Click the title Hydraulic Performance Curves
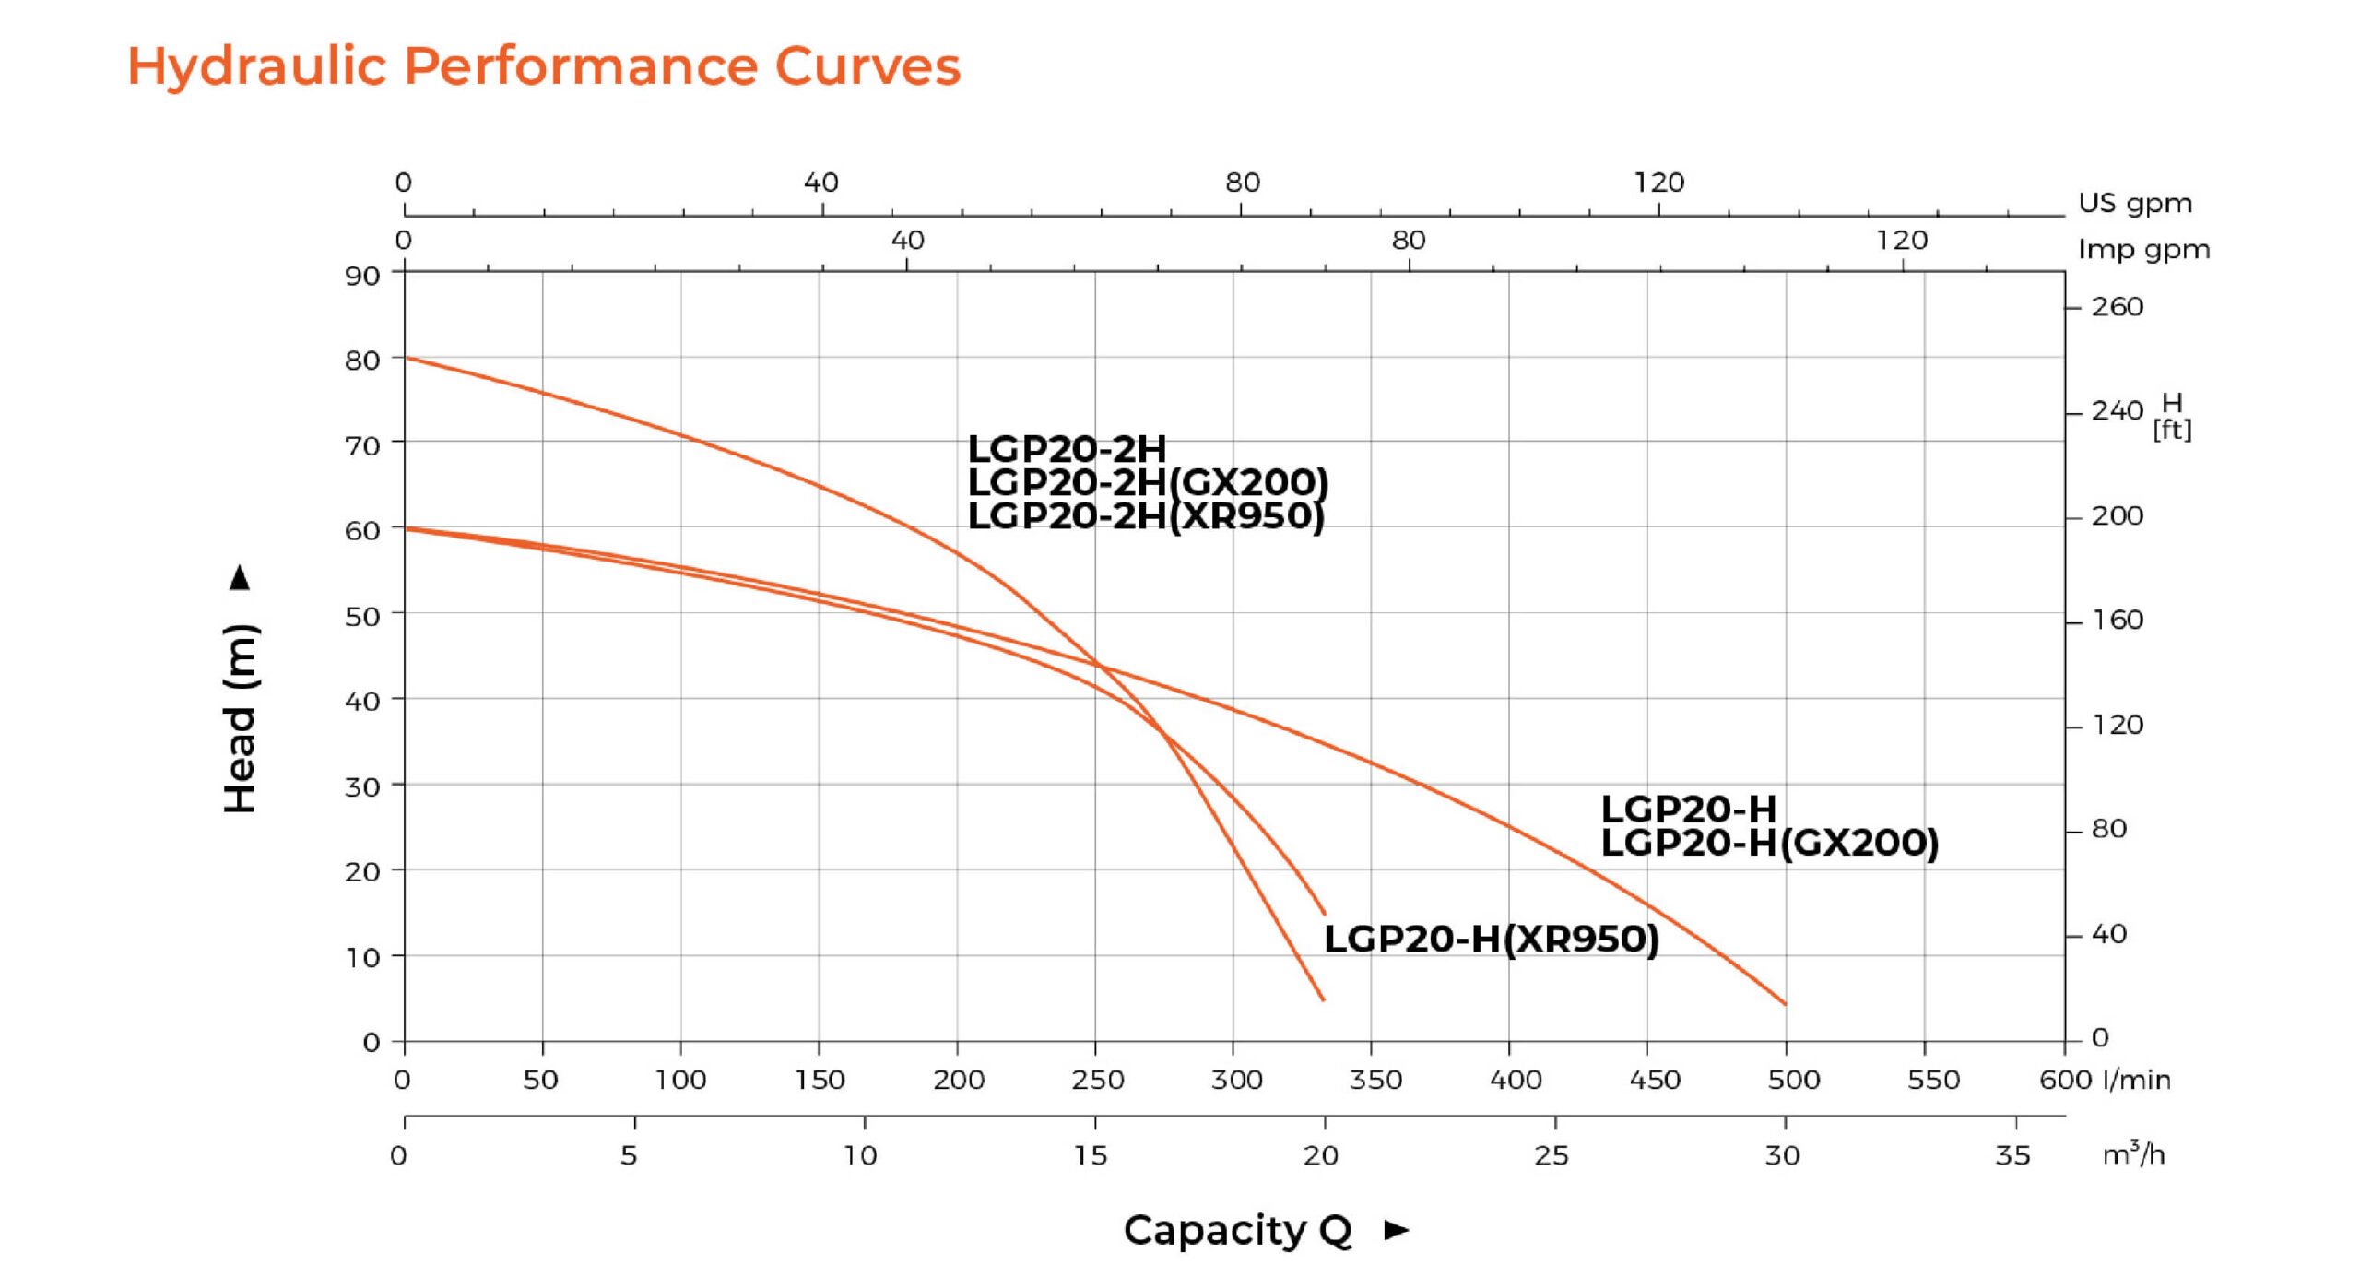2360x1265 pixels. click(x=544, y=66)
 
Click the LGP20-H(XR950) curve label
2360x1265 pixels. click(x=1491, y=939)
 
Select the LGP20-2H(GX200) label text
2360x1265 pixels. click(x=1147, y=482)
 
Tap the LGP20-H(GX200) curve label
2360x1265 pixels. click(x=1769, y=843)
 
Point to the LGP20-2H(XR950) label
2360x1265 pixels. click(x=1145, y=515)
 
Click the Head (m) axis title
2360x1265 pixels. click(x=241, y=717)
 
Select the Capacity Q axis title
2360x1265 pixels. click(x=1237, y=1230)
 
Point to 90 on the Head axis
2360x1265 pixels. click(x=362, y=276)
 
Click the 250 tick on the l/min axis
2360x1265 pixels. click(x=1097, y=1080)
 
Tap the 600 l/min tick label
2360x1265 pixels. click(x=2065, y=1080)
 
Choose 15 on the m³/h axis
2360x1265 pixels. click(x=1091, y=1155)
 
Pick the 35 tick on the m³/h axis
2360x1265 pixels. click(x=2012, y=1155)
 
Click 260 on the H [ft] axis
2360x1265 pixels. click(x=2117, y=306)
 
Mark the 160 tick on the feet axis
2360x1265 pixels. click(x=2117, y=620)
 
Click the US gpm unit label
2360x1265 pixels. click(x=2135, y=203)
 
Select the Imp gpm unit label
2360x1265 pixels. click(x=2143, y=250)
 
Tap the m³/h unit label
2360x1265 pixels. click(x=2133, y=1153)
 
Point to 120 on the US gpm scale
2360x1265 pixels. click(x=1658, y=183)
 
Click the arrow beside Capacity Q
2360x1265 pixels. click(x=1397, y=1230)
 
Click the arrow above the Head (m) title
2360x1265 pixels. click(x=240, y=577)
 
